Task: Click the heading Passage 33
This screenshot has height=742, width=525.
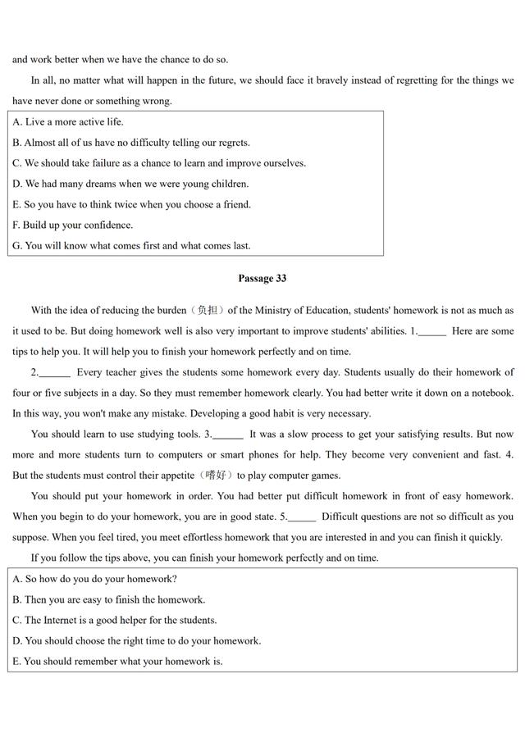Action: pyautogui.click(x=262, y=279)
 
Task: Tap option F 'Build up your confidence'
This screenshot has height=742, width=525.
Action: pyautogui.click(x=73, y=225)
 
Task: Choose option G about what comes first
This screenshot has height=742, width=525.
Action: pyautogui.click(x=131, y=245)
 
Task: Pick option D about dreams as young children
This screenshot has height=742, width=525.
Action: pyautogui.click(x=130, y=184)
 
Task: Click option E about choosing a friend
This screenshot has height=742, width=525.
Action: pyautogui.click(x=131, y=204)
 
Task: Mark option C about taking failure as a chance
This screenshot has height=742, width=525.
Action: pyautogui.click(x=159, y=163)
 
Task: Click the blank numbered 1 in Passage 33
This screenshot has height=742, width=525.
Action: pyautogui.click(x=432, y=332)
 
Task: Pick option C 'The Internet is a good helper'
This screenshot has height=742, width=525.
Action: pyautogui.click(x=115, y=620)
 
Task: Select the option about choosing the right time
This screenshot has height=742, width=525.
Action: pyautogui.click(x=136, y=640)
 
